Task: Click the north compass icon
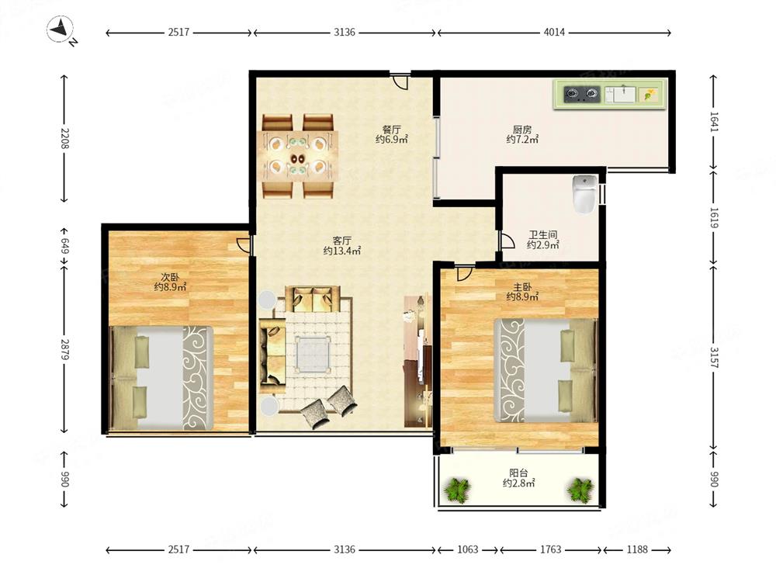61,29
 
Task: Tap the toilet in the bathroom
584,193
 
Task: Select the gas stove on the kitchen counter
582,94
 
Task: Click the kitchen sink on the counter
620,94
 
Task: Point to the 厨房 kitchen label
522,130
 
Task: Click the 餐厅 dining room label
391,130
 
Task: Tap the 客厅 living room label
342,241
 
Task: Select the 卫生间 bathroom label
543,235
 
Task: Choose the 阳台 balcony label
518,473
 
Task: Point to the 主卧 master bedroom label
522,287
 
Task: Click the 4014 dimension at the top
554,32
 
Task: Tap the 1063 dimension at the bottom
468,549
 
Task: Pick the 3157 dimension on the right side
713,357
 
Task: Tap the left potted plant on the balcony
458,489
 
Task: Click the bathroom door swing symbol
508,240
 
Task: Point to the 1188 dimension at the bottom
637,549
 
